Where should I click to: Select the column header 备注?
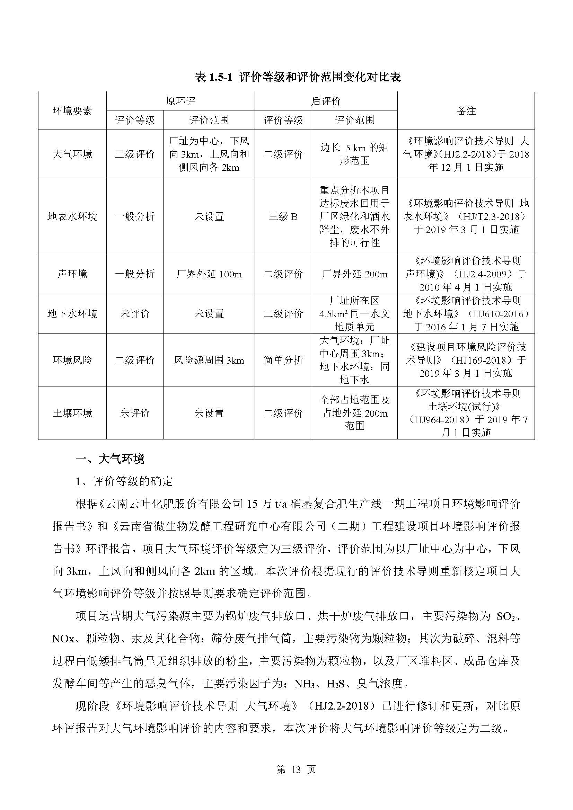pyautogui.click(x=466, y=111)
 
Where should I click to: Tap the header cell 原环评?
pyautogui.click(x=180, y=101)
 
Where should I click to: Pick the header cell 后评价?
pyautogui.click(x=326, y=101)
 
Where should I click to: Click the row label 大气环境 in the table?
pyautogui.click(x=72, y=154)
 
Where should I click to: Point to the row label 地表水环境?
pyautogui.click(x=72, y=216)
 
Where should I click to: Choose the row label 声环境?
pyautogui.click(x=72, y=274)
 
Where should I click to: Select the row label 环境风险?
pyautogui.click(x=72, y=360)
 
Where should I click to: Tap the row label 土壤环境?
pyautogui.click(x=72, y=413)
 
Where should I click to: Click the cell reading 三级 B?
pyautogui.click(x=283, y=216)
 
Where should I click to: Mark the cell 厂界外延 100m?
pyautogui.click(x=209, y=274)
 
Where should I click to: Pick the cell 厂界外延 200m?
pyautogui.click(x=354, y=274)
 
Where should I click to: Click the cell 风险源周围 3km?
pyautogui.click(x=209, y=360)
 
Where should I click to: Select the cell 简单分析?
pyautogui.click(x=283, y=360)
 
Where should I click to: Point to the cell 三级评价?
pyautogui.click(x=135, y=154)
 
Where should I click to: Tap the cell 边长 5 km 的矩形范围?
pyautogui.click(x=354, y=154)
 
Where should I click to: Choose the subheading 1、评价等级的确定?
pyautogui.click(x=124, y=481)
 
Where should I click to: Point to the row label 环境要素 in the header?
pyautogui.click(x=72, y=111)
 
